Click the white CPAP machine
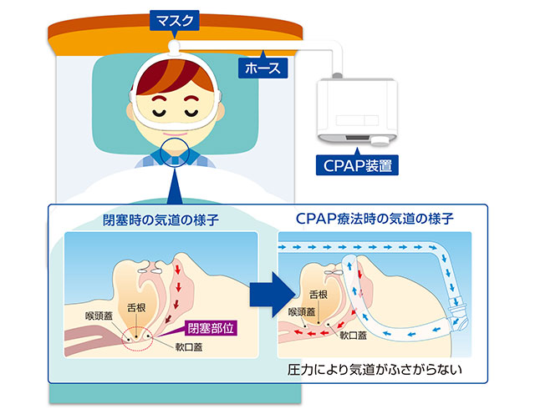(x=357, y=109)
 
